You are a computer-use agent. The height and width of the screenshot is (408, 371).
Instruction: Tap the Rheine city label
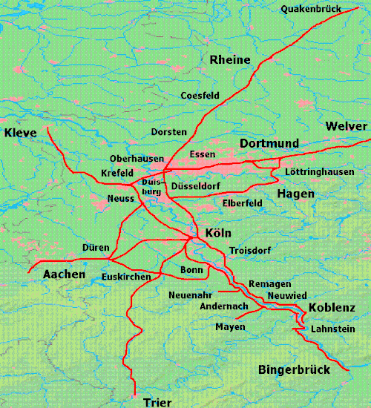click(x=230, y=59)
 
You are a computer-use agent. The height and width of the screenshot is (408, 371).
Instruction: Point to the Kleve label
click(x=21, y=133)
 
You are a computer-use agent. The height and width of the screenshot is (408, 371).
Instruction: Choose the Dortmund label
click(x=269, y=142)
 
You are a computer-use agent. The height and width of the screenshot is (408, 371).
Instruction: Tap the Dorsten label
click(x=168, y=131)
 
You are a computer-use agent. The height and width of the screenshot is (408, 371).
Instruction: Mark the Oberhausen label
click(x=137, y=159)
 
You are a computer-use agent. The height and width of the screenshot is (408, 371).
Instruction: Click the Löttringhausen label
click(x=319, y=172)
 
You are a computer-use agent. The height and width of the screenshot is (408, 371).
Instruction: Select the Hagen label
click(x=295, y=194)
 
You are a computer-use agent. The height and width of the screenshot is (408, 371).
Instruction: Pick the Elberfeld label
click(x=243, y=202)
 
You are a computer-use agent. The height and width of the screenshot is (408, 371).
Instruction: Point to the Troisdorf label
click(x=250, y=251)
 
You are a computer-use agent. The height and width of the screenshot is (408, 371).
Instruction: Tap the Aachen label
click(x=64, y=274)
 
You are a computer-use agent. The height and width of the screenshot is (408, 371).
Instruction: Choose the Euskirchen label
click(x=127, y=277)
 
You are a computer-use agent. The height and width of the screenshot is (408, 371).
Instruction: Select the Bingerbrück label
click(x=292, y=369)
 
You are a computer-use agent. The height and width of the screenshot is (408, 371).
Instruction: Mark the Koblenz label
click(x=332, y=307)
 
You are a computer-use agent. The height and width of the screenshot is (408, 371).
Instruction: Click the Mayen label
click(x=230, y=327)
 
